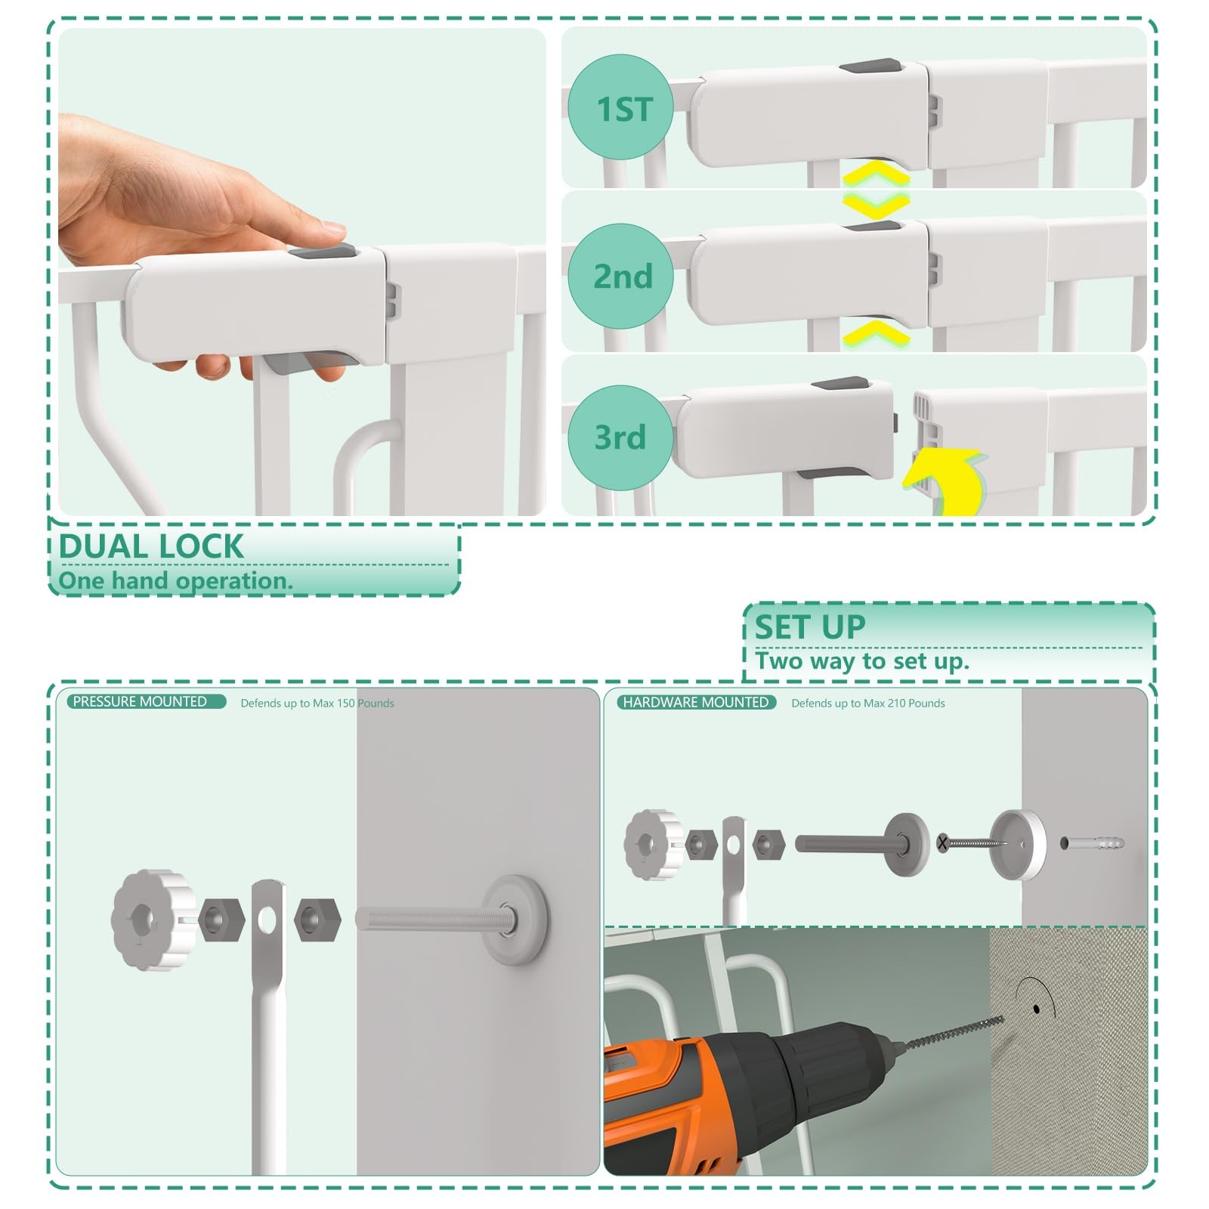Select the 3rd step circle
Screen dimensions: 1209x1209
point(620,438)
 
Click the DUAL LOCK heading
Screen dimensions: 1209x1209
point(151,546)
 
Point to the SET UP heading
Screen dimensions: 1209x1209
point(810,627)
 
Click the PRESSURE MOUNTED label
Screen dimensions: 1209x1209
point(140,702)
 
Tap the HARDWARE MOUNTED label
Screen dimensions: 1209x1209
point(696,703)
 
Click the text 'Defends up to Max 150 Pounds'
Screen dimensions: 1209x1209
point(317,703)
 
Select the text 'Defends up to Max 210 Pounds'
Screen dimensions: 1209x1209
point(868,703)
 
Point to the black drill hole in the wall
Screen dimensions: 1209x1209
point(1037,1009)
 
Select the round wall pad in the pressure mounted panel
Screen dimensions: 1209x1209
point(515,919)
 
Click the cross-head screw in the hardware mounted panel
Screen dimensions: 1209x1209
point(972,843)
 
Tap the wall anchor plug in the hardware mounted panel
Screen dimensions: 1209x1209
point(1092,843)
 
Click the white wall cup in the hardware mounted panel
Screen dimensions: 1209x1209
point(1018,845)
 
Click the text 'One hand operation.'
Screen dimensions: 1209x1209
point(175,581)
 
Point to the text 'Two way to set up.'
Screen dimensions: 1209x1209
point(861,661)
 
